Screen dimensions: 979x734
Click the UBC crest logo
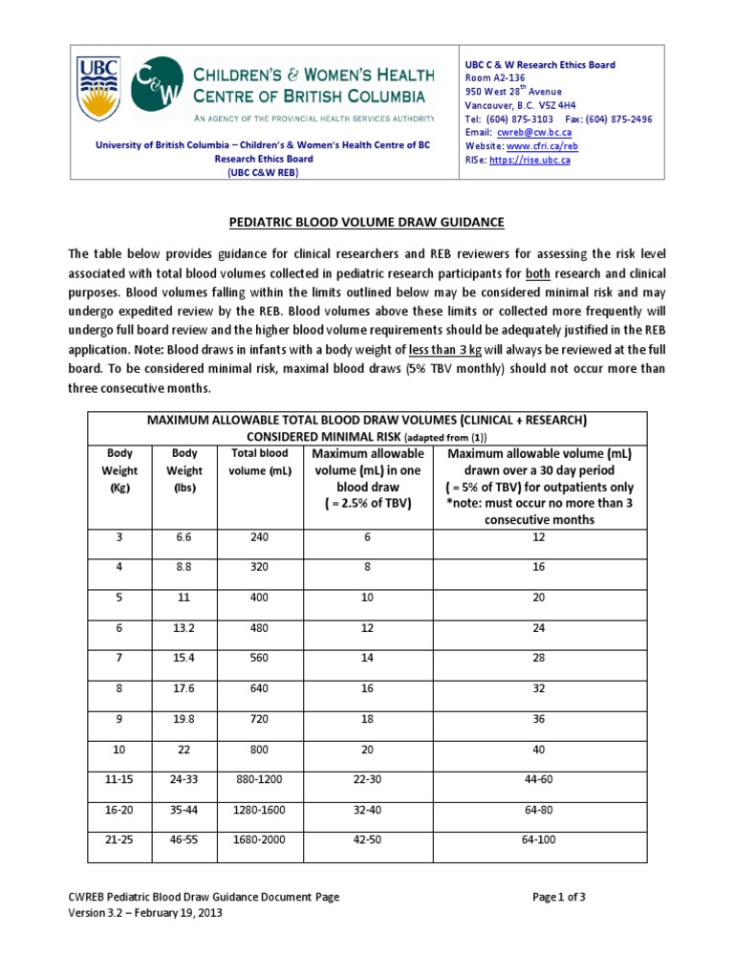coord(97,89)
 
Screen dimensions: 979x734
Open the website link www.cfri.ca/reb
coord(542,146)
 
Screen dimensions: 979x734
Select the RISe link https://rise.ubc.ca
coord(530,160)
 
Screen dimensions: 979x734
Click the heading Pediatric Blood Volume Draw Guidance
coord(366,223)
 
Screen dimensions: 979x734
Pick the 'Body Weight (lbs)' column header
coord(184,469)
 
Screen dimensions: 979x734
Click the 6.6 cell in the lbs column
coord(184,537)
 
